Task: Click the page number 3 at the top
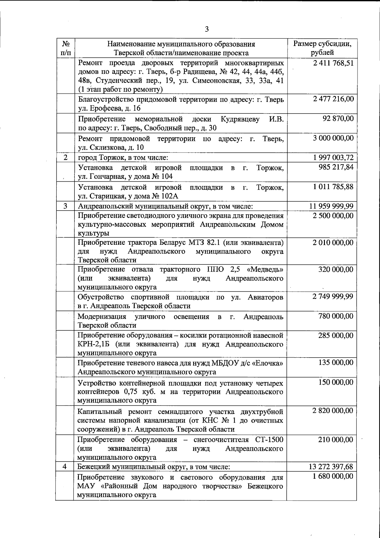point(206,29)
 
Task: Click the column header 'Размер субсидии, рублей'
point(322,48)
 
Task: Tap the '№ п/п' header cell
point(65,48)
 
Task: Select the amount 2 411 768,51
point(333,63)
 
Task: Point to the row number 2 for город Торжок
point(65,158)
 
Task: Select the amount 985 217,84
point(336,167)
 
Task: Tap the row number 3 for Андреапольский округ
point(65,206)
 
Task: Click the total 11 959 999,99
point(331,206)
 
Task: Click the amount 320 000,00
point(336,269)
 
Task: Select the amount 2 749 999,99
point(333,297)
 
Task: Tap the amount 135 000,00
point(336,363)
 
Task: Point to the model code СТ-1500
point(269,440)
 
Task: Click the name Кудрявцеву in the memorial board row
point(240,119)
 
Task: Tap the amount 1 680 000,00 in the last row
point(333,476)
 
